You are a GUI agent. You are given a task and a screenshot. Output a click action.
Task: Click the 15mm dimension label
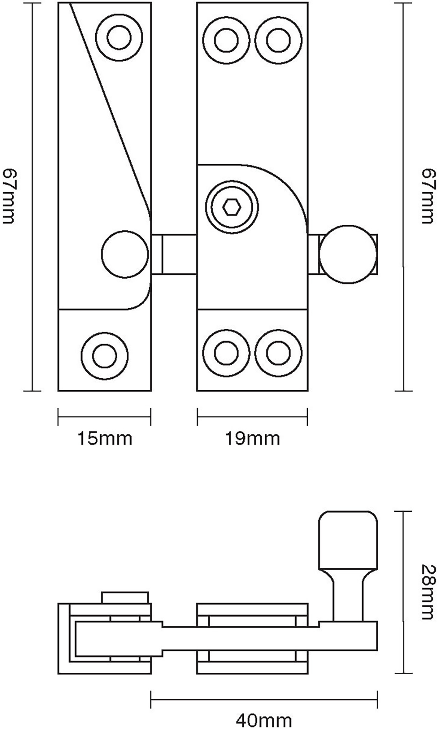(104, 439)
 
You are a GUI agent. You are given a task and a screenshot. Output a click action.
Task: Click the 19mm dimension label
(252, 439)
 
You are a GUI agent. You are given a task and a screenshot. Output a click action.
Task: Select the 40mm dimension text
(263, 721)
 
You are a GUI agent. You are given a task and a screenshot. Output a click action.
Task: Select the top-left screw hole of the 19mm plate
(227, 40)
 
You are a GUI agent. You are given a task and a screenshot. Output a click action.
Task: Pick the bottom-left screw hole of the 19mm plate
(227, 352)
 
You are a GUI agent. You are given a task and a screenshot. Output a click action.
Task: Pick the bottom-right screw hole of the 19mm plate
(278, 352)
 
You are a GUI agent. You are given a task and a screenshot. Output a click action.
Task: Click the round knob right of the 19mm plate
(348, 255)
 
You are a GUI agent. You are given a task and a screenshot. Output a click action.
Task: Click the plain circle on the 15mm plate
(125, 254)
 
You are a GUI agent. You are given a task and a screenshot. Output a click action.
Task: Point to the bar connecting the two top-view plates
(174, 254)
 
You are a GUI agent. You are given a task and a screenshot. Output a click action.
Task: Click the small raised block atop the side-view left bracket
(126, 598)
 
